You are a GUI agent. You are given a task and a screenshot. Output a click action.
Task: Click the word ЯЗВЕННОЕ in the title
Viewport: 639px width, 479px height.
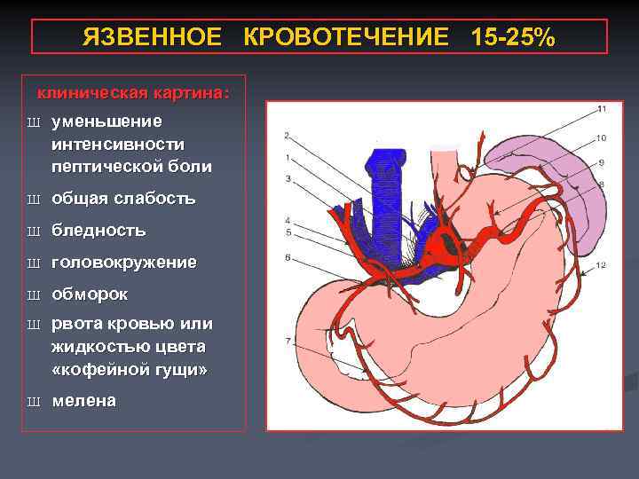click(151, 38)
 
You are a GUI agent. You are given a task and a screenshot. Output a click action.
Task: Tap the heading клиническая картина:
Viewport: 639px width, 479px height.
click(132, 93)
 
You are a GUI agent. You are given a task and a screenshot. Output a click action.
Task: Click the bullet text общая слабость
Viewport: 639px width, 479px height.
click(123, 199)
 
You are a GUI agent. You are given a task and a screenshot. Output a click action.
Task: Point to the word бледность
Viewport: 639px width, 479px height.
click(99, 231)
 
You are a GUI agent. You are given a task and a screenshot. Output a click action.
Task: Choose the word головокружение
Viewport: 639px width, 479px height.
click(124, 263)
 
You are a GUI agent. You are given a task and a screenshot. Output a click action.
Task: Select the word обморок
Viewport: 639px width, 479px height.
click(90, 294)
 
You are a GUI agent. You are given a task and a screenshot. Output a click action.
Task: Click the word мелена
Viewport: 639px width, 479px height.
click(84, 401)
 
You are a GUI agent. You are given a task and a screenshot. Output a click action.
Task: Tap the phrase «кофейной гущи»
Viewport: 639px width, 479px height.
click(130, 369)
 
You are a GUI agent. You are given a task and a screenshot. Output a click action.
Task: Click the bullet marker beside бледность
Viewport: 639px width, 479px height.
click(34, 232)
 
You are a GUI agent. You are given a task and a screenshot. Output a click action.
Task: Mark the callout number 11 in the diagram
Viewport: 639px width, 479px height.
click(601, 109)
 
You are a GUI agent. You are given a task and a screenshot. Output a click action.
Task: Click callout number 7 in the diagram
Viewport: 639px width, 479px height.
click(287, 341)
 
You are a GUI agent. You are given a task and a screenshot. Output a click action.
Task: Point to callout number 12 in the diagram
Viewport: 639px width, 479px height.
click(601, 265)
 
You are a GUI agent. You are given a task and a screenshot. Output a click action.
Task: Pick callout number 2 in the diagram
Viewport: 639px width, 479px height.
click(287, 136)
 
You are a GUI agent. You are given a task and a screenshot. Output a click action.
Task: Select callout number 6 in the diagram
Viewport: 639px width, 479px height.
click(287, 257)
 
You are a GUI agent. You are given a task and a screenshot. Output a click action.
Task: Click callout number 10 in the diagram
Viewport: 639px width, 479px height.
click(601, 137)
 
